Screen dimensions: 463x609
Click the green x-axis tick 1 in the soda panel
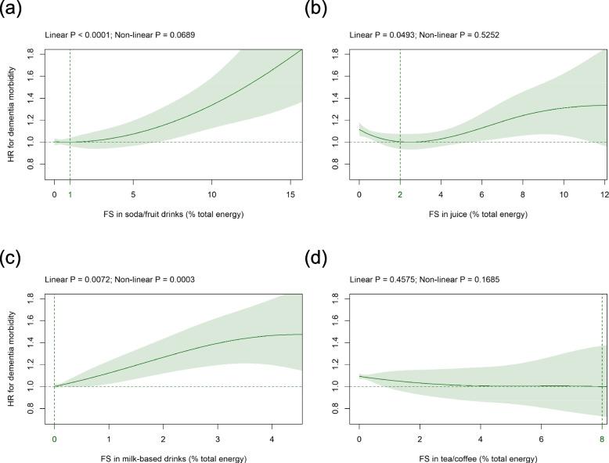pos(70,193)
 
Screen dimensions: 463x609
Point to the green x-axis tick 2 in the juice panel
pos(400,193)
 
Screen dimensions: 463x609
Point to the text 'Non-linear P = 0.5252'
pos(446,35)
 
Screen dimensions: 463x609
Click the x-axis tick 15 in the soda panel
pos(290,193)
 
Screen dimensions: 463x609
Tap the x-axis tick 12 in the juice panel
pos(601,193)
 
